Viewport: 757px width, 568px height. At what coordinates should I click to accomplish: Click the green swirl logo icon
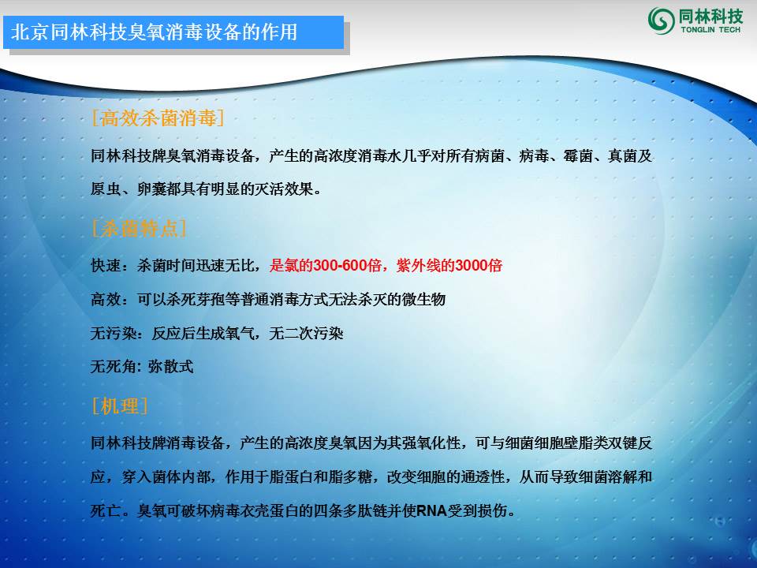point(661,20)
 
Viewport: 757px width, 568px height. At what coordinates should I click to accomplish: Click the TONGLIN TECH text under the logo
point(710,29)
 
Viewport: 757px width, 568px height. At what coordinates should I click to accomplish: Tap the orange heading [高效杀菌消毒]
point(158,118)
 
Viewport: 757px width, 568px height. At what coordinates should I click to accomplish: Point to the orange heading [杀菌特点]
point(139,229)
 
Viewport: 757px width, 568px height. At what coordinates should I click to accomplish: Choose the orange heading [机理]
point(120,406)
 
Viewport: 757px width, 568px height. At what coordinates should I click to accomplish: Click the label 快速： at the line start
point(110,266)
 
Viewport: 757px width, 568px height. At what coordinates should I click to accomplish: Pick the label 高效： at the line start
point(110,300)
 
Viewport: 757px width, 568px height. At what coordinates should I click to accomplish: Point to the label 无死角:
point(115,367)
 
